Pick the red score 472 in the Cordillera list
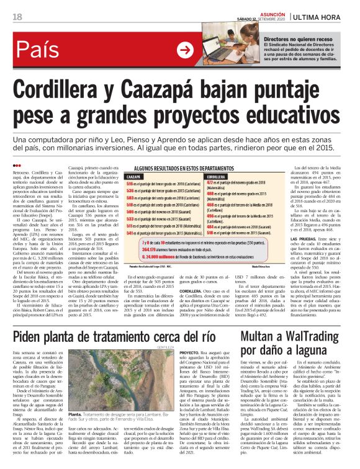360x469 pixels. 210,183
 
